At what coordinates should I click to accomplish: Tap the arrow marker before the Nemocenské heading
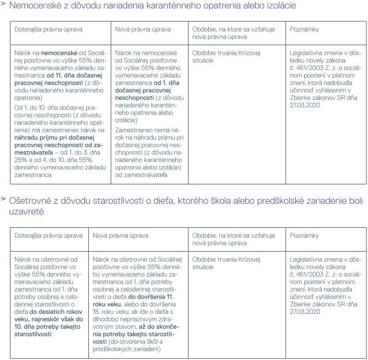pyautogui.click(x=4, y=5)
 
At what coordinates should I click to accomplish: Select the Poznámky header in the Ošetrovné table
pyautogui.click(x=304, y=236)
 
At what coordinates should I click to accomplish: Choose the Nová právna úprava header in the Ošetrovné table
pyautogui.click(x=120, y=236)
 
